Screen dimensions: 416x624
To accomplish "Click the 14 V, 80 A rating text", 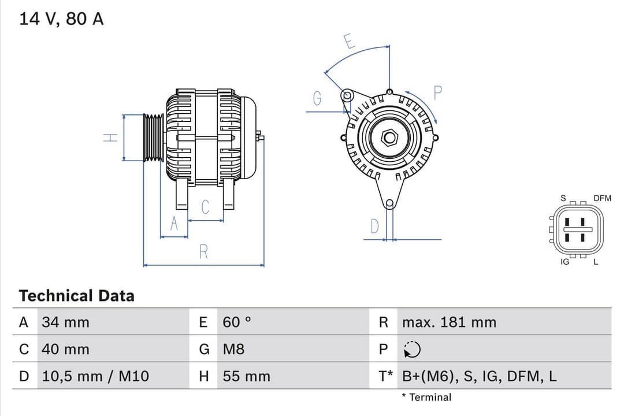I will [61, 18].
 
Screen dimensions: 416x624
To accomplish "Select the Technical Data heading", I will [76, 296].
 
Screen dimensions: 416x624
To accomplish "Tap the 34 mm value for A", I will [65, 322].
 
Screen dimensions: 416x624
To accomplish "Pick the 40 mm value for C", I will [65, 350].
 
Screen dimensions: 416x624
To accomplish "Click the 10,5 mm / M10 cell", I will [95, 377].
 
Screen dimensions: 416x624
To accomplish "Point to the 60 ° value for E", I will [237, 322].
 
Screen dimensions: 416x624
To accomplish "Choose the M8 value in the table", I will [233, 350].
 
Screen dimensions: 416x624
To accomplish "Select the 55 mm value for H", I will [246, 377].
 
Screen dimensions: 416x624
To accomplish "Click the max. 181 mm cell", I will [449, 322].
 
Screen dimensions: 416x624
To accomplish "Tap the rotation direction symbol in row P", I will [413, 350].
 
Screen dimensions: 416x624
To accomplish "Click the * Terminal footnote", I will [426, 397].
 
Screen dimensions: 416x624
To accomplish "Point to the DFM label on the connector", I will [601, 198].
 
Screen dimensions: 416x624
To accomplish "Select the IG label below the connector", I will [565, 262].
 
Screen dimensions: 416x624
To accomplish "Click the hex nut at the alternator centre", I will [390, 138].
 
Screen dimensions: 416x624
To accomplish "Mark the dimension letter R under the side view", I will [203, 252].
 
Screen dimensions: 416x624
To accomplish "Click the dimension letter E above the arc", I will [348, 42].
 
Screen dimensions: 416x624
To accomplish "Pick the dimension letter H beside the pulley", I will [110, 138].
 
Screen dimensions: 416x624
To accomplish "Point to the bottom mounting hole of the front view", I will [389, 203].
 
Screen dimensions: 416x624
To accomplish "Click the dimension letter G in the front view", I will [317, 99].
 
